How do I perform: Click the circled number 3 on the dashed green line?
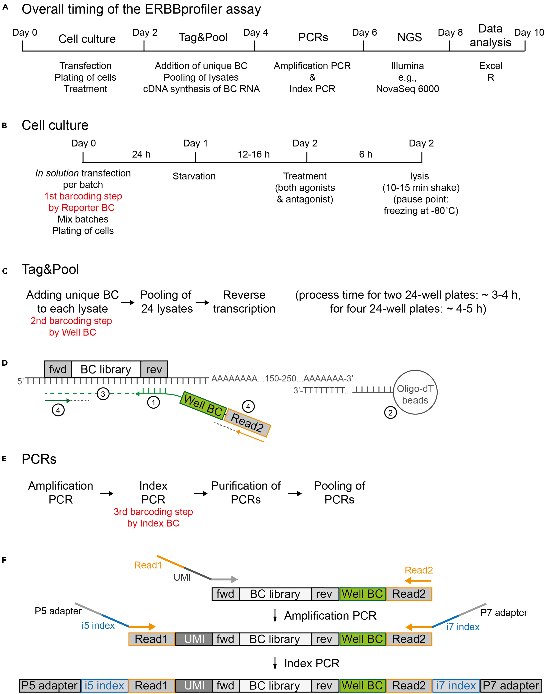[103, 394]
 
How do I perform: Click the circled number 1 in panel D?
[153, 402]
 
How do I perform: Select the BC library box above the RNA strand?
[106, 369]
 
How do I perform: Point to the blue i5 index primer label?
[98, 625]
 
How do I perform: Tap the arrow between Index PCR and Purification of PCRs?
[200, 494]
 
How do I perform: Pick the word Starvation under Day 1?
[194, 176]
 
